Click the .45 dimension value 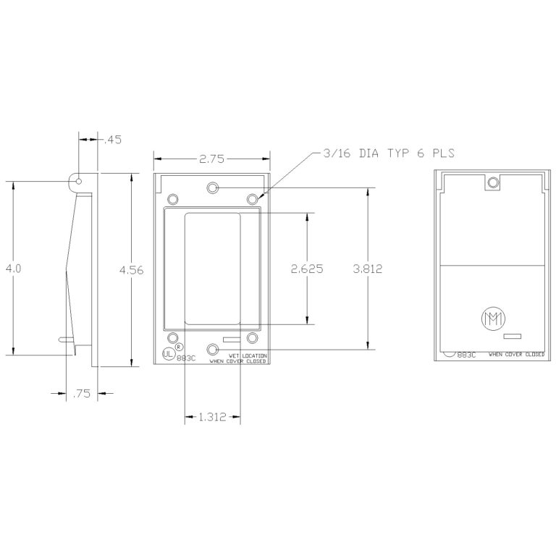point(113,140)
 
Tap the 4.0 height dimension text point(13,268)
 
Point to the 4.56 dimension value point(131,270)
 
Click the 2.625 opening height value point(307,268)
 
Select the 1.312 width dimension point(213,416)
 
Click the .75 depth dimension point(81,394)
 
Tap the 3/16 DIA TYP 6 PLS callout point(384,153)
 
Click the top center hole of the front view point(212,188)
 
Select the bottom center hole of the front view point(212,350)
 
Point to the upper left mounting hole point(173,198)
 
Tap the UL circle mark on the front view point(168,355)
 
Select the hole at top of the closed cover point(493,182)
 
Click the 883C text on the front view point(187,358)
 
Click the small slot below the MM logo point(513,336)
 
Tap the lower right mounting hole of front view point(252,337)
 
